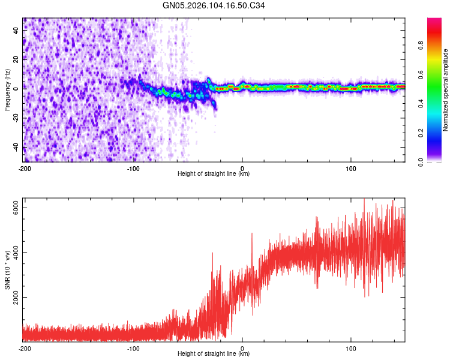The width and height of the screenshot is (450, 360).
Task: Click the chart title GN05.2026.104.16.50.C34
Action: [x=214, y=6]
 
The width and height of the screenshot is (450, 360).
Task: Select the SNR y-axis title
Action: [x=8, y=269]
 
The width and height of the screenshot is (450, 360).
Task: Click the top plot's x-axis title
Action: [x=214, y=174]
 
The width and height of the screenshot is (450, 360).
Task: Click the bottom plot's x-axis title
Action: [x=214, y=354]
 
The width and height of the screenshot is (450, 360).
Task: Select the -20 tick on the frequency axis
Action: [x=15, y=118]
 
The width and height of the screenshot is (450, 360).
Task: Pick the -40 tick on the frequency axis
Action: [x=15, y=147]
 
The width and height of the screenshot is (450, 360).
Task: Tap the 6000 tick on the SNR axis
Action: [x=17, y=208]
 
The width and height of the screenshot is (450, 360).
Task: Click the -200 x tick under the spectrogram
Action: [x=25, y=168]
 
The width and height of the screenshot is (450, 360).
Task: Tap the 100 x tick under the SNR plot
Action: [x=351, y=348]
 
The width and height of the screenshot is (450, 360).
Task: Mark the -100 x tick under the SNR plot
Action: [x=133, y=348]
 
